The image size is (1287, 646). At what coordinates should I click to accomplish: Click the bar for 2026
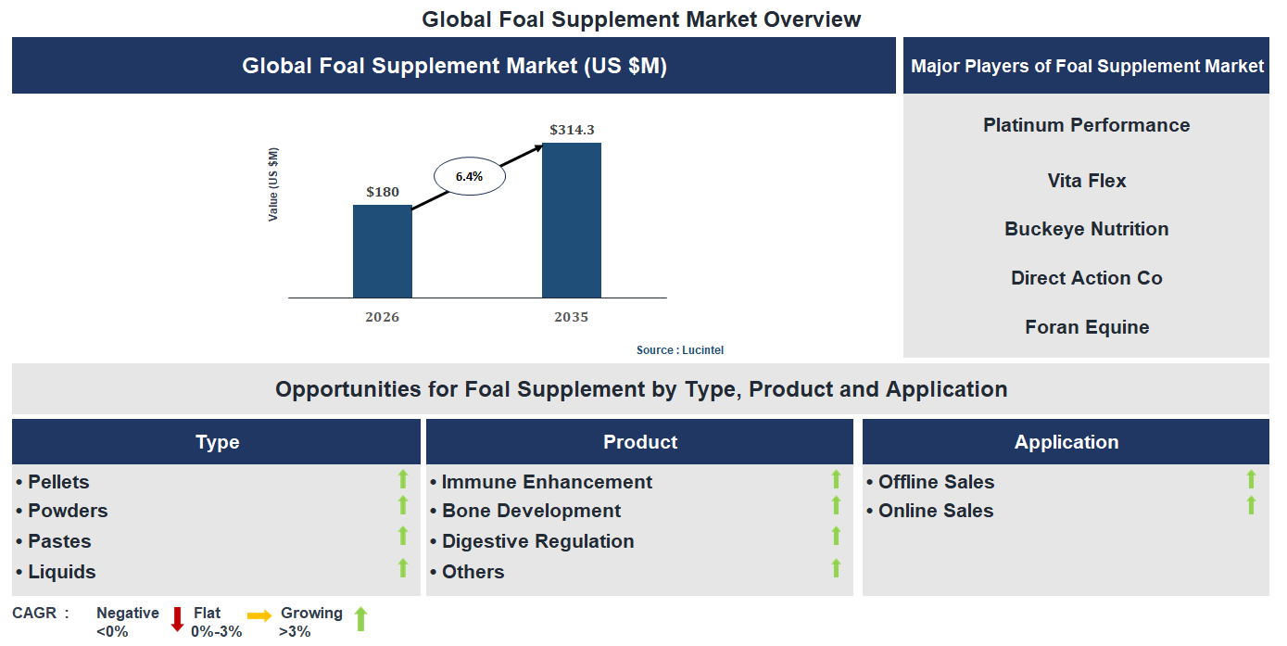tap(382, 251)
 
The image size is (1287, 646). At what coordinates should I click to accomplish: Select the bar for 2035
tap(571, 220)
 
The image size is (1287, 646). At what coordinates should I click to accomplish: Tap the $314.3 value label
tap(572, 130)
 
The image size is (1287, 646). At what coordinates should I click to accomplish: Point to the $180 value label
tap(383, 192)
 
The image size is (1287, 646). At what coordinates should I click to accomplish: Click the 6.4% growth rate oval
tap(469, 176)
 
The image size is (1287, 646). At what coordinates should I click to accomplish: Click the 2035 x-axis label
tap(571, 317)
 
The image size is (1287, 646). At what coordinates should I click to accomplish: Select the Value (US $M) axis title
tap(273, 184)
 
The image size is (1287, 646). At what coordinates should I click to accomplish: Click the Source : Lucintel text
tap(680, 350)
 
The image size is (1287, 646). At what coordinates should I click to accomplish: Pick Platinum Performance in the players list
tap(1086, 125)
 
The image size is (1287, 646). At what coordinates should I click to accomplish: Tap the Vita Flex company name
tap(1086, 181)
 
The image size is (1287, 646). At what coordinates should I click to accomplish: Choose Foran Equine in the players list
tap(1086, 327)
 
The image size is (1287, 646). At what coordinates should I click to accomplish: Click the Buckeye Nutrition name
tap(1086, 229)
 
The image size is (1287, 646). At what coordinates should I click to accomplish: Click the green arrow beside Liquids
tap(403, 568)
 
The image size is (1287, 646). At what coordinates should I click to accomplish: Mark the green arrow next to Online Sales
tap(1251, 505)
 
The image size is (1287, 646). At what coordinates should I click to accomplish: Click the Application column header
tap(1066, 442)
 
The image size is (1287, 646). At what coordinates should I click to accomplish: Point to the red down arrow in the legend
tap(177, 619)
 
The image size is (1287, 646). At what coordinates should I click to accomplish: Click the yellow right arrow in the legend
tap(259, 615)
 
